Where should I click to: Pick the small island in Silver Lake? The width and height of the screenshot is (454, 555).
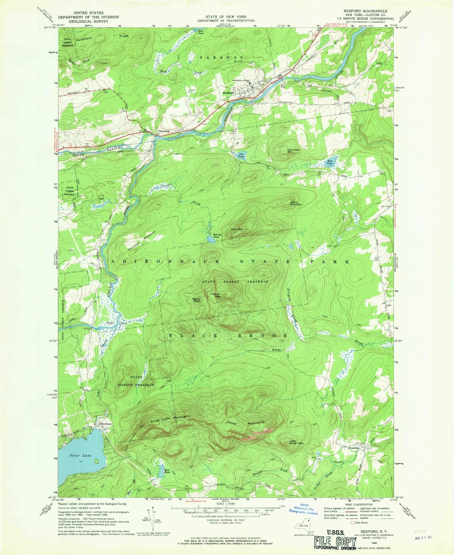tap(96, 461)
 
